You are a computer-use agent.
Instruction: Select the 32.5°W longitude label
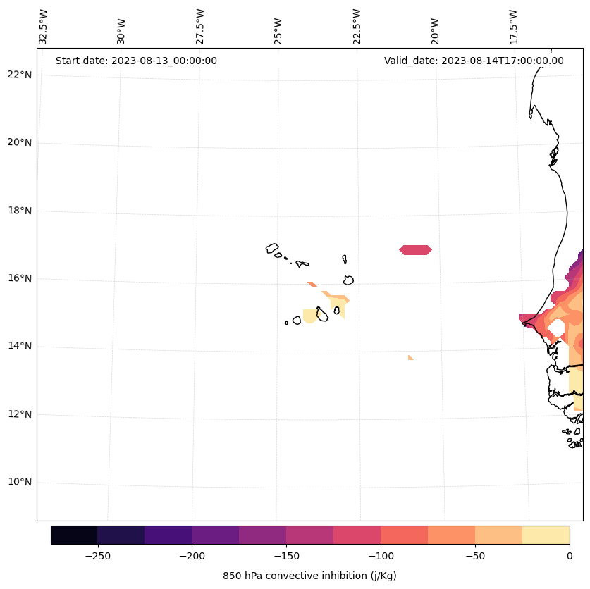pos(44,27)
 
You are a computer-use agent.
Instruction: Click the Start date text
pos(136,61)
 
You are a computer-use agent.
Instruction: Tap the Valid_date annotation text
pos(474,61)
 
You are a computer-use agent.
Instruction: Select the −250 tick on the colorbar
pos(97,556)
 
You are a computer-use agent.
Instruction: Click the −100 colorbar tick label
pos(381,556)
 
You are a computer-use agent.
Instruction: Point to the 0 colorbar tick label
pos(569,556)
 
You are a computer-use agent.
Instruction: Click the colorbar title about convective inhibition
pos(309,576)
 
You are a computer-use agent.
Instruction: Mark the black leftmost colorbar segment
pos(74,535)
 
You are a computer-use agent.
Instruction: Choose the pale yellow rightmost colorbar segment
pos(546,535)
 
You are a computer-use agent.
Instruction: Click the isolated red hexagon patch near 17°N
pos(415,250)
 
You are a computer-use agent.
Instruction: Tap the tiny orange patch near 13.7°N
pos(410,358)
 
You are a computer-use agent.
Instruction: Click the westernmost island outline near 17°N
pos(272,248)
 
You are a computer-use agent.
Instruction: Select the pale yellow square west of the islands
pos(309,316)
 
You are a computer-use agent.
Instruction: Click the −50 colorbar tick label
pos(475,556)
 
